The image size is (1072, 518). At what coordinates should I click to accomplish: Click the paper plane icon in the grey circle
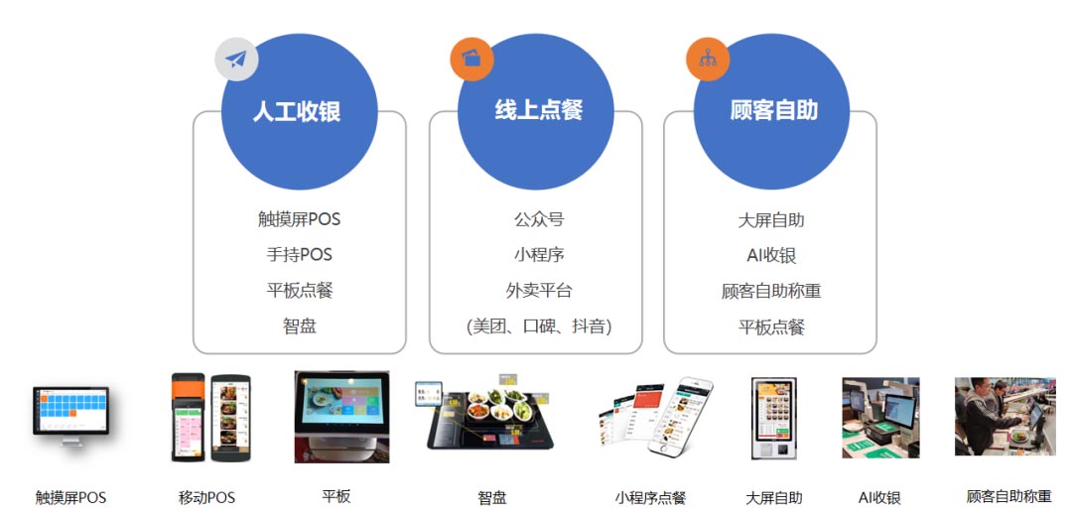[236, 60]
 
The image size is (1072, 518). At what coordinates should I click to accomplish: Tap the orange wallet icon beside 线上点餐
[471, 59]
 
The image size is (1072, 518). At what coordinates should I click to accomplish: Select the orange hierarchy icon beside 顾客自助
[708, 60]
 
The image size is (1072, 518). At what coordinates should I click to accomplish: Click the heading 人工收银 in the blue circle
[297, 111]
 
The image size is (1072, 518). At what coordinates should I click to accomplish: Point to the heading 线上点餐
[539, 110]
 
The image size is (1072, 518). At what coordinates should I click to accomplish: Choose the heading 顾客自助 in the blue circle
[773, 110]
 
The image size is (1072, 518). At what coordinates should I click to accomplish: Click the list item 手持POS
[300, 255]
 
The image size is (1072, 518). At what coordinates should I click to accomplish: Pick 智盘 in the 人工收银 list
[300, 325]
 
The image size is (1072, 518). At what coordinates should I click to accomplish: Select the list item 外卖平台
[539, 291]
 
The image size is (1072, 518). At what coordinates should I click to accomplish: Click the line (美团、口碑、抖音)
[539, 326]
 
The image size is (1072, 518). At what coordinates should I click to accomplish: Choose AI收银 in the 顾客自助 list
[771, 256]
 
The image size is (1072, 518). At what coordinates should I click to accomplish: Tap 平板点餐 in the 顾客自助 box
[771, 326]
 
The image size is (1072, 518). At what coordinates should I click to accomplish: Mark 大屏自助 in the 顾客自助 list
[771, 220]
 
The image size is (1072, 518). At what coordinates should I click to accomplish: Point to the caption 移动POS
[206, 497]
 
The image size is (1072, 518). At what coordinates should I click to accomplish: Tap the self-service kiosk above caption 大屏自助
[774, 417]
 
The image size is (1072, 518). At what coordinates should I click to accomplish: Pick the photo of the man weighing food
[1005, 416]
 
